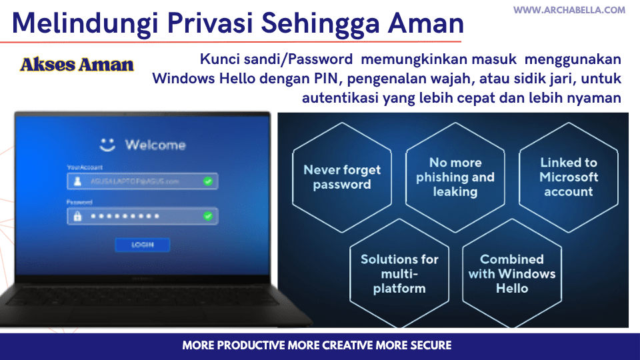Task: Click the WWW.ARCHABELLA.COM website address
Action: click(x=569, y=10)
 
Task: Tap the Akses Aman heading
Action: click(x=77, y=65)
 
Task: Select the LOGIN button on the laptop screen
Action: click(x=142, y=245)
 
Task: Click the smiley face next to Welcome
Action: click(x=107, y=144)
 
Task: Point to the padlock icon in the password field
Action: click(x=77, y=216)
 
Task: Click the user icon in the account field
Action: click(x=77, y=181)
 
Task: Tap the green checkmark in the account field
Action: click(x=208, y=181)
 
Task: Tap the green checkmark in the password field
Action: click(x=208, y=216)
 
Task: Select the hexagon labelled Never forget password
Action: click(x=341, y=177)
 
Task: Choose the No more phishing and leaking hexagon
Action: click(x=455, y=177)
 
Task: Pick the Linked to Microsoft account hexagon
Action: click(x=569, y=177)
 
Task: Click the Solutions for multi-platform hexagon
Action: click(x=399, y=274)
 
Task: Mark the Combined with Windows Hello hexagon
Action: click(x=511, y=274)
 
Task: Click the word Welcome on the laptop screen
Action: click(x=155, y=145)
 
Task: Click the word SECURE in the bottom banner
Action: click(x=426, y=345)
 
